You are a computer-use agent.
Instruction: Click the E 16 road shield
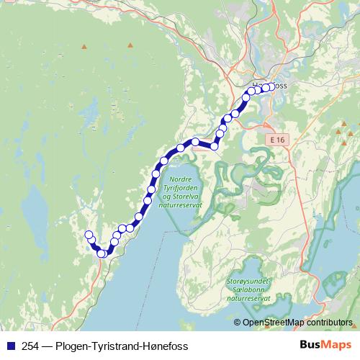tap(276, 137)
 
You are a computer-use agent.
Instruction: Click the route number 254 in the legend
tap(30, 346)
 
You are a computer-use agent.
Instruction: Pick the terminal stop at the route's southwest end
tap(89, 235)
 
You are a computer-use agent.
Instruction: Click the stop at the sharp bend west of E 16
tap(214, 146)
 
